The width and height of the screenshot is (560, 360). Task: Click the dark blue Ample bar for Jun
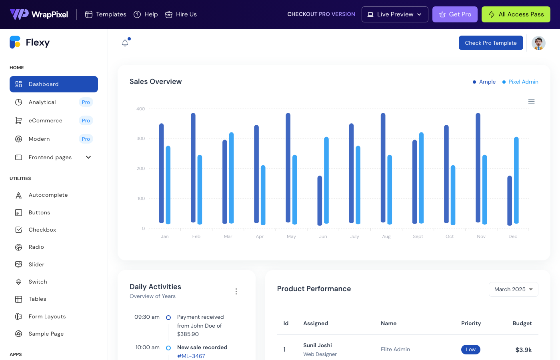(x=320, y=200)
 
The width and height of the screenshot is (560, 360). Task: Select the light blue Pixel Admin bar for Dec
(x=516, y=180)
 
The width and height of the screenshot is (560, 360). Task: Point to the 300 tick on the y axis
(x=140, y=138)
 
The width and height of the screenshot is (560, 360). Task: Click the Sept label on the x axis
(x=418, y=236)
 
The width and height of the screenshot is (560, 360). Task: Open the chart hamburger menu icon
(x=531, y=102)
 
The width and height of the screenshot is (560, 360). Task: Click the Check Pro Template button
(x=490, y=43)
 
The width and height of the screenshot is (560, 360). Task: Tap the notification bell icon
(x=125, y=43)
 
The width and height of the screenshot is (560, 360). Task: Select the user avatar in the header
(x=538, y=43)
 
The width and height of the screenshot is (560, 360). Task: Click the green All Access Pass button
(x=516, y=14)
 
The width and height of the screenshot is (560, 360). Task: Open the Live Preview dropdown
(x=394, y=14)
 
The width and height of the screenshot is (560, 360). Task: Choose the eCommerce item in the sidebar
(x=45, y=120)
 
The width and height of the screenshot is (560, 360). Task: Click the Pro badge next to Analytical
(x=86, y=102)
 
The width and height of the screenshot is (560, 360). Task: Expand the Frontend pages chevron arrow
(x=88, y=157)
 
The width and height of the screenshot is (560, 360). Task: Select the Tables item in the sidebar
(x=37, y=299)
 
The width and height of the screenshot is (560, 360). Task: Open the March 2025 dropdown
(x=513, y=289)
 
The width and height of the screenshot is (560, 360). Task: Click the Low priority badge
(x=470, y=349)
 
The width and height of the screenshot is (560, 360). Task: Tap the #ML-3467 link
(x=191, y=356)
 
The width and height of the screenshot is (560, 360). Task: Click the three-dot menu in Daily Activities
(x=236, y=291)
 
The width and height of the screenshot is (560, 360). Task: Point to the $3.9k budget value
(x=523, y=350)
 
